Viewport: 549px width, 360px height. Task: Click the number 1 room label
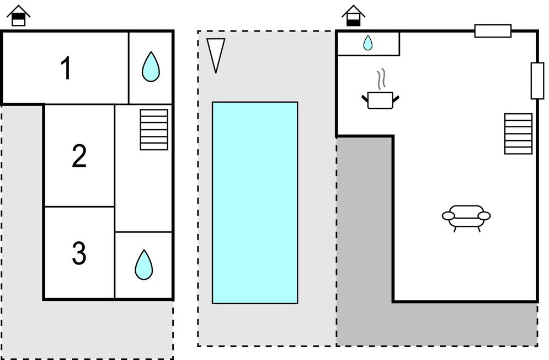(66, 69)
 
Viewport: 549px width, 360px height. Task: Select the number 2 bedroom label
(79, 156)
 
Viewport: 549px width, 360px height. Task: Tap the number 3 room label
(79, 253)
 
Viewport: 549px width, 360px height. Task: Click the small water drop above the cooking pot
(368, 43)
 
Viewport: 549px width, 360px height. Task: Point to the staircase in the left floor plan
(154, 129)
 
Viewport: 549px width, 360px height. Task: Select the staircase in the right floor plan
(518, 134)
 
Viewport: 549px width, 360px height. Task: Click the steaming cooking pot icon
(380, 100)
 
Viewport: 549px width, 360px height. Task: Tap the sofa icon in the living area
(466, 216)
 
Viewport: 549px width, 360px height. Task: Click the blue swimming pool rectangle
(255, 202)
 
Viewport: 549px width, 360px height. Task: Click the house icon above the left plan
(19, 15)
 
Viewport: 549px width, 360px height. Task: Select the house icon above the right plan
(353, 15)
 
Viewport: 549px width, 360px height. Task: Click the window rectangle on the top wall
(493, 31)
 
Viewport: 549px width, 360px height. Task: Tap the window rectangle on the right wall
(537, 81)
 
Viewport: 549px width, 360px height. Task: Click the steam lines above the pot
(380, 80)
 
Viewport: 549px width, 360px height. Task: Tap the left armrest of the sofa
(449, 215)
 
